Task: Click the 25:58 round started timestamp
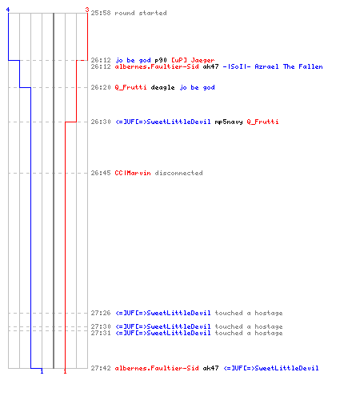tap(101, 13)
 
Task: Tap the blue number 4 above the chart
tap(8, 10)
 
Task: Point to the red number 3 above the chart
tap(87, 10)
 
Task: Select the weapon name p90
tap(161, 60)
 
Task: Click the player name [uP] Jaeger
tap(193, 60)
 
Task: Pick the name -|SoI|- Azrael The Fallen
tap(273, 66)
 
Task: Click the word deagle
tap(162, 87)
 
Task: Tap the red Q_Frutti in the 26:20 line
tap(130, 87)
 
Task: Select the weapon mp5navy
tap(229, 122)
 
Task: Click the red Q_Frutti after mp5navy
tap(262, 122)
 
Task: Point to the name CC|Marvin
tap(133, 173)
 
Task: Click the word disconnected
tap(178, 173)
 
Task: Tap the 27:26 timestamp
tap(101, 313)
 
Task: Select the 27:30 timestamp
tap(101, 326)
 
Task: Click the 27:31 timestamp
tap(101, 333)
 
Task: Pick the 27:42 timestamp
tap(101, 368)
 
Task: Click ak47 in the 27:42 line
tap(210, 368)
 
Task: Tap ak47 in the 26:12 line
tap(210, 66)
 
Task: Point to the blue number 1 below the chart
tap(42, 371)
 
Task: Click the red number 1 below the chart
tap(65, 371)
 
